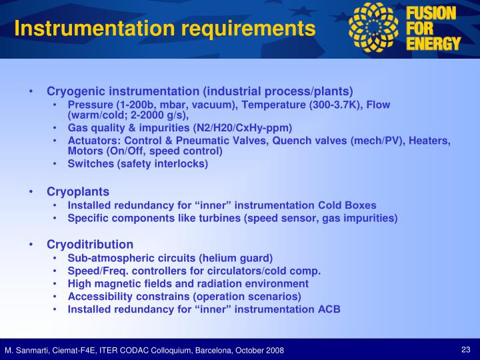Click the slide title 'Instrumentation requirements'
coord(165,29)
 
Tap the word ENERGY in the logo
coord(434,44)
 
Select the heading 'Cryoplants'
coord(78,192)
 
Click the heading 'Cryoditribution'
coord(89,244)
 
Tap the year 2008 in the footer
coord(273,351)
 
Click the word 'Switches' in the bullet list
coord(89,163)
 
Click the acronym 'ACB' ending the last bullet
coord(329,309)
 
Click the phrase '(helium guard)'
coord(240,257)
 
